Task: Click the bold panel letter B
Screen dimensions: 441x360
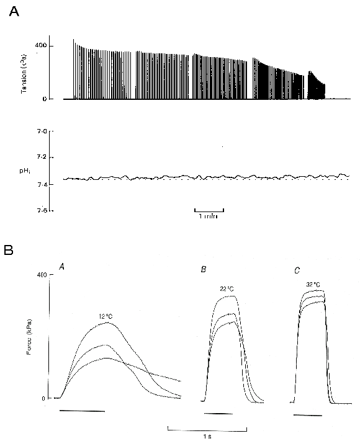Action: click(9, 251)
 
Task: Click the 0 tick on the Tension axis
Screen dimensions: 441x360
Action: click(43, 99)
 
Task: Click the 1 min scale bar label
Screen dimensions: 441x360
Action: click(209, 216)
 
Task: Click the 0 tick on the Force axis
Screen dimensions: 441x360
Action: click(43, 399)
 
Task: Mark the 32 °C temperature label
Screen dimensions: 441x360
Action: click(313, 285)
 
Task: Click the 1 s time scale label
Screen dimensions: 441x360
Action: click(209, 435)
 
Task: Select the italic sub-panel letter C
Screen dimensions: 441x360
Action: click(297, 270)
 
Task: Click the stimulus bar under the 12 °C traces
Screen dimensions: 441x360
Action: click(82, 411)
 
